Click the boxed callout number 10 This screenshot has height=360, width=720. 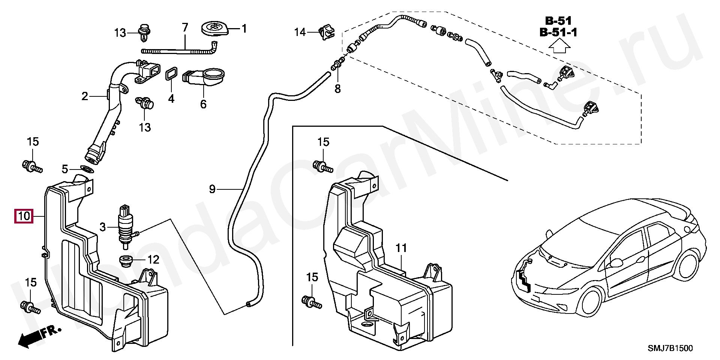coord(23,216)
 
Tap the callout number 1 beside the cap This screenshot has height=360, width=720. coord(244,28)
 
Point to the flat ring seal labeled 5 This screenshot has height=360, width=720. coord(87,169)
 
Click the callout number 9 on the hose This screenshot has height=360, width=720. coord(212,189)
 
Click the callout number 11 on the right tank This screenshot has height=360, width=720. coord(401,248)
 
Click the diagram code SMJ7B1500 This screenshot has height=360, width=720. coord(670,348)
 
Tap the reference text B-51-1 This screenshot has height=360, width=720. coord(558,33)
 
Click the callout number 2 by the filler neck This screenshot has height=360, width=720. coord(85,96)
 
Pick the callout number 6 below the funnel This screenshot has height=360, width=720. coord(203,104)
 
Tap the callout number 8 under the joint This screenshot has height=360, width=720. coord(337,89)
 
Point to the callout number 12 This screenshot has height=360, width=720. coord(153,259)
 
